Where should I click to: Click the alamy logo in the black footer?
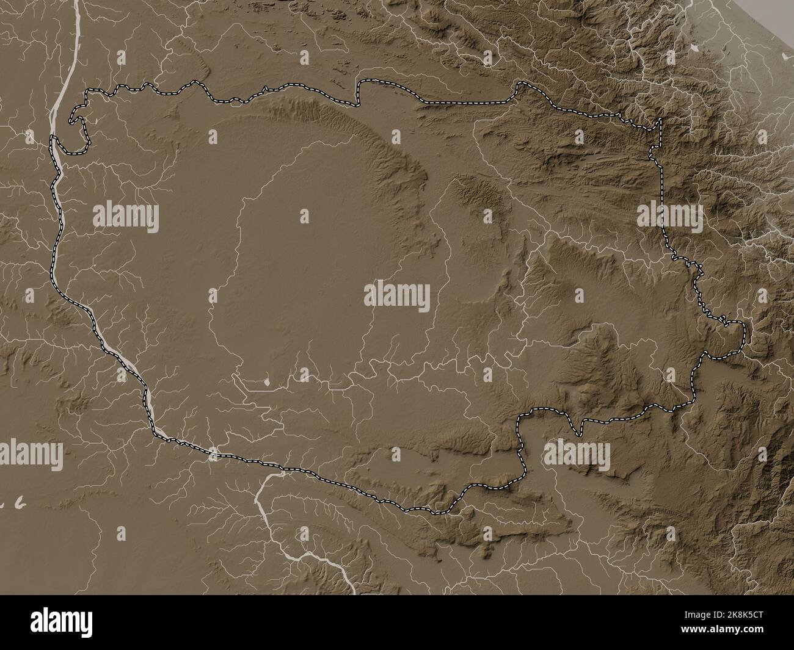(67, 623)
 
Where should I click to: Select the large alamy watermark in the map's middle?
(397, 297)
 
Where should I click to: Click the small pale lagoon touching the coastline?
(784, 56)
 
